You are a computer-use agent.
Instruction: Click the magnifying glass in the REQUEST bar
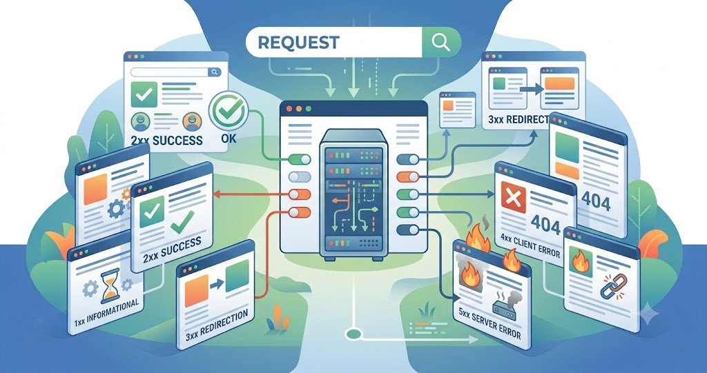point(440,42)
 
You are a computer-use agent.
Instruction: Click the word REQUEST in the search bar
point(298,42)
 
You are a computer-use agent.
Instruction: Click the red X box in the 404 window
point(513,198)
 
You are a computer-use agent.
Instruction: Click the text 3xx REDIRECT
point(519,120)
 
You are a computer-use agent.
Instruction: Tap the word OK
point(229,137)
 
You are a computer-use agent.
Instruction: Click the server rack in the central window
point(353,194)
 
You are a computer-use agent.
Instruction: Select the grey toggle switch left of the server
point(300,177)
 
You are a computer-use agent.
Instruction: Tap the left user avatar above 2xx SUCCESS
point(140,121)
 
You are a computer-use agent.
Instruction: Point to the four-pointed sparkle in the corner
point(650,312)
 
